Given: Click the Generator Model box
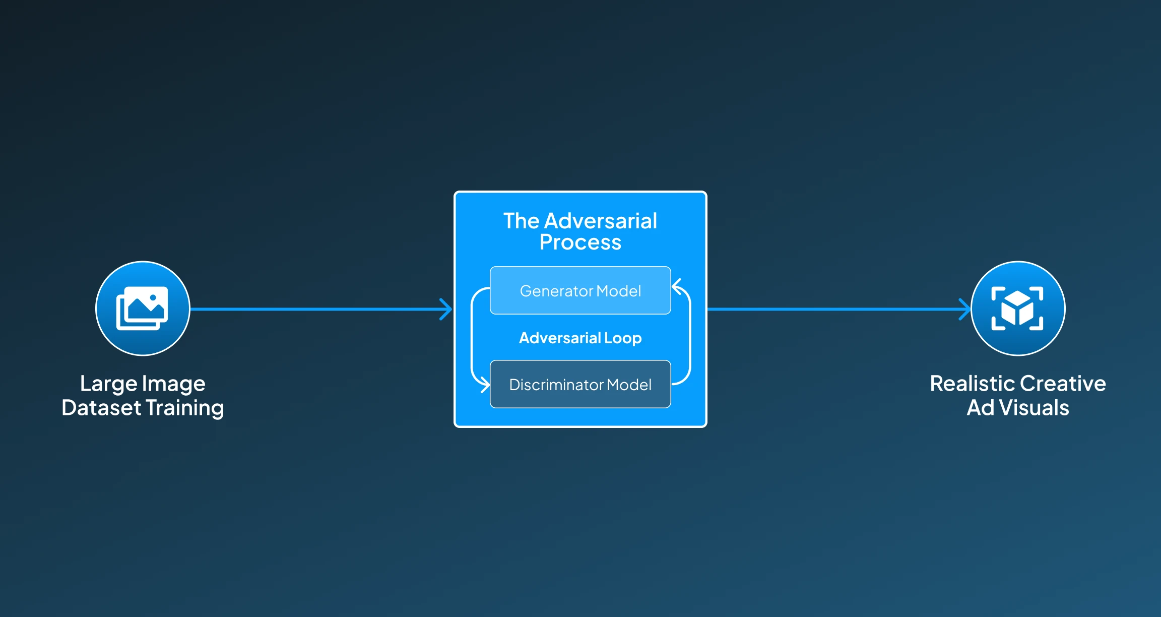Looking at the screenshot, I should point(580,290).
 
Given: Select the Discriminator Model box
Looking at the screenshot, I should point(580,384).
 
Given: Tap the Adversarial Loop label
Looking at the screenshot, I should point(580,338).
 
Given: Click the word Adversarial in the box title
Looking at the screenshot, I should point(601,221).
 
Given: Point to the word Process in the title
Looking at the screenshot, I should point(580,242).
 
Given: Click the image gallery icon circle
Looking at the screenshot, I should point(143,308).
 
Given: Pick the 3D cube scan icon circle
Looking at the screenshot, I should point(1017,308).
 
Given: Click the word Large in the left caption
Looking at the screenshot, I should point(108,384).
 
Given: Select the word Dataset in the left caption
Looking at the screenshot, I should point(101,408).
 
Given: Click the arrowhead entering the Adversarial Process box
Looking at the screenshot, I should point(446,309).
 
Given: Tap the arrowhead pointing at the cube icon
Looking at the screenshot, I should point(964,309).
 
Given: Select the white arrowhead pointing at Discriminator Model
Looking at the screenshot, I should point(484,386).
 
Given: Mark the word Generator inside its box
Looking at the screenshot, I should point(556,291).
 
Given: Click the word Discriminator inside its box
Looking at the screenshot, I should point(556,385).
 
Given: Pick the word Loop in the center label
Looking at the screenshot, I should point(623,338).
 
